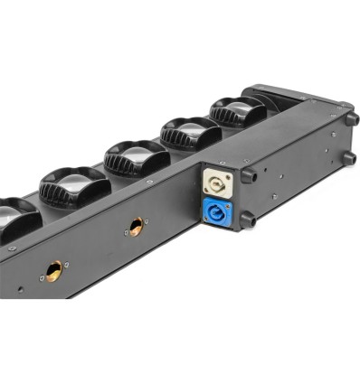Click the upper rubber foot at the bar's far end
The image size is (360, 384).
click(x=351, y=119)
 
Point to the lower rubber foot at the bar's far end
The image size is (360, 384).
click(x=349, y=158)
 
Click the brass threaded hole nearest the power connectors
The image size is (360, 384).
click(x=136, y=225)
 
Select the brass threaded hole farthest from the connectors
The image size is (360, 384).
click(x=54, y=268)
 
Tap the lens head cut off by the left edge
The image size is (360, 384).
click(x=13, y=219)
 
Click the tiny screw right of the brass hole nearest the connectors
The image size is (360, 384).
click(x=149, y=218)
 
